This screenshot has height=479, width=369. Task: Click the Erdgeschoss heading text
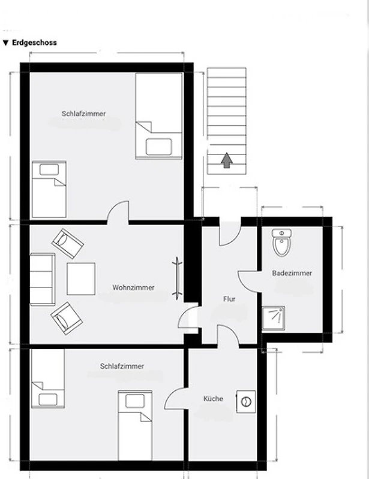pos(34,43)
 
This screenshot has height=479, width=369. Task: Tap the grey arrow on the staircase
pos(227,160)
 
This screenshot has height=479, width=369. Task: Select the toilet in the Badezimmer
pos(281,243)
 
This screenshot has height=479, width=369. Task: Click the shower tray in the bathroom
pos(274,319)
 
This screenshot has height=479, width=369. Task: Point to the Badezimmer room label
pos(292,273)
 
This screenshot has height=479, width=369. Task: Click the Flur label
pos(229,299)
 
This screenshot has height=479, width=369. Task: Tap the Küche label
pos(213,399)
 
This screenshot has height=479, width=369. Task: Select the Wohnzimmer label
pos(133,287)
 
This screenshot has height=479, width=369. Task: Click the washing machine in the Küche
pos(246,402)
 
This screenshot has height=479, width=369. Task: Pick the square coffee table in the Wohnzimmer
pos(81,278)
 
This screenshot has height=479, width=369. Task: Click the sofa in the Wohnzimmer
pos(43,279)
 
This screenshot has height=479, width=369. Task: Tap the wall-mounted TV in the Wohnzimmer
pos(177,278)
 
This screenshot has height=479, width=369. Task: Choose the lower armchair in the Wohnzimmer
pos(67,319)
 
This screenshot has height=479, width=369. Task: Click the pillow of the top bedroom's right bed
pos(159,147)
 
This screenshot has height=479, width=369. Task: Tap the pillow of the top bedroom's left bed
pos(49,169)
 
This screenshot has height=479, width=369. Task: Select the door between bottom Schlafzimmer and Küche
pos(176,399)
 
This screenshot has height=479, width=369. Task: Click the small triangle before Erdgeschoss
pos(5,43)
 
